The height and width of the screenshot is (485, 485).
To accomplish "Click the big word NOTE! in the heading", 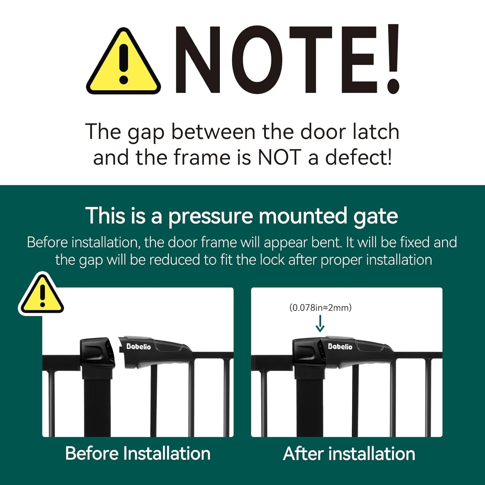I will tap(287, 60).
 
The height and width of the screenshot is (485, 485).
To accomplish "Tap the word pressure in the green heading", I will tap(210, 216).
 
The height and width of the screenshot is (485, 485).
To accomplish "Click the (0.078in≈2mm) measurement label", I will tap(320, 307).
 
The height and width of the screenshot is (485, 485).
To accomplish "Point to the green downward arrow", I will tap(320, 324).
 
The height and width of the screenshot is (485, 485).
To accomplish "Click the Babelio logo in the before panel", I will tap(138, 346).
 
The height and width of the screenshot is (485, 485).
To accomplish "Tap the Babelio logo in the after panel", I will tap(340, 346).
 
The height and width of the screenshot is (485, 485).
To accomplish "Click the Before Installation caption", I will tap(138, 453).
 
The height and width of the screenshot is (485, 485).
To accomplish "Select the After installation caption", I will tap(349, 454).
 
